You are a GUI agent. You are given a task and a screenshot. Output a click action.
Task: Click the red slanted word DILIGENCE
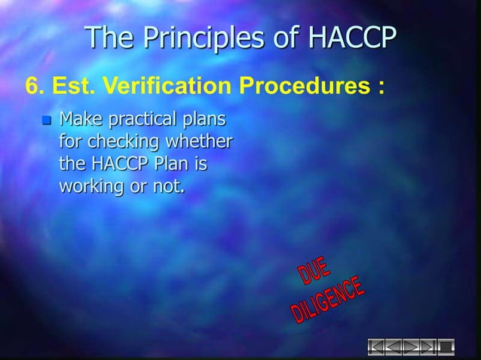coord(329,304)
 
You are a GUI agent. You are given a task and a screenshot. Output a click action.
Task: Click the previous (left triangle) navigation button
coord(395,347)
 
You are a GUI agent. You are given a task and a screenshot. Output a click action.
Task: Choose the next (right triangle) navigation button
coord(412,347)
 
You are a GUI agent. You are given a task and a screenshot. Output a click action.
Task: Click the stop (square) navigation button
coord(446,347)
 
